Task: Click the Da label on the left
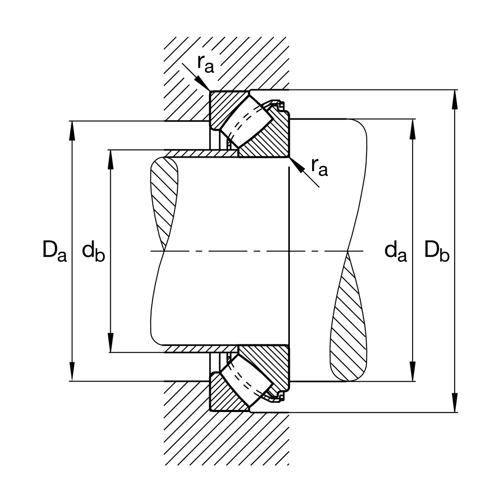54,251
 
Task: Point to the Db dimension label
437,251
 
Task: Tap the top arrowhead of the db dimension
111,157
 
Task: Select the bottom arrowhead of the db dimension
111,345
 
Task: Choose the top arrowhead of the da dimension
413,127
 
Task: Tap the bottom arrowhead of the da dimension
413,374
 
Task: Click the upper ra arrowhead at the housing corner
205,85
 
